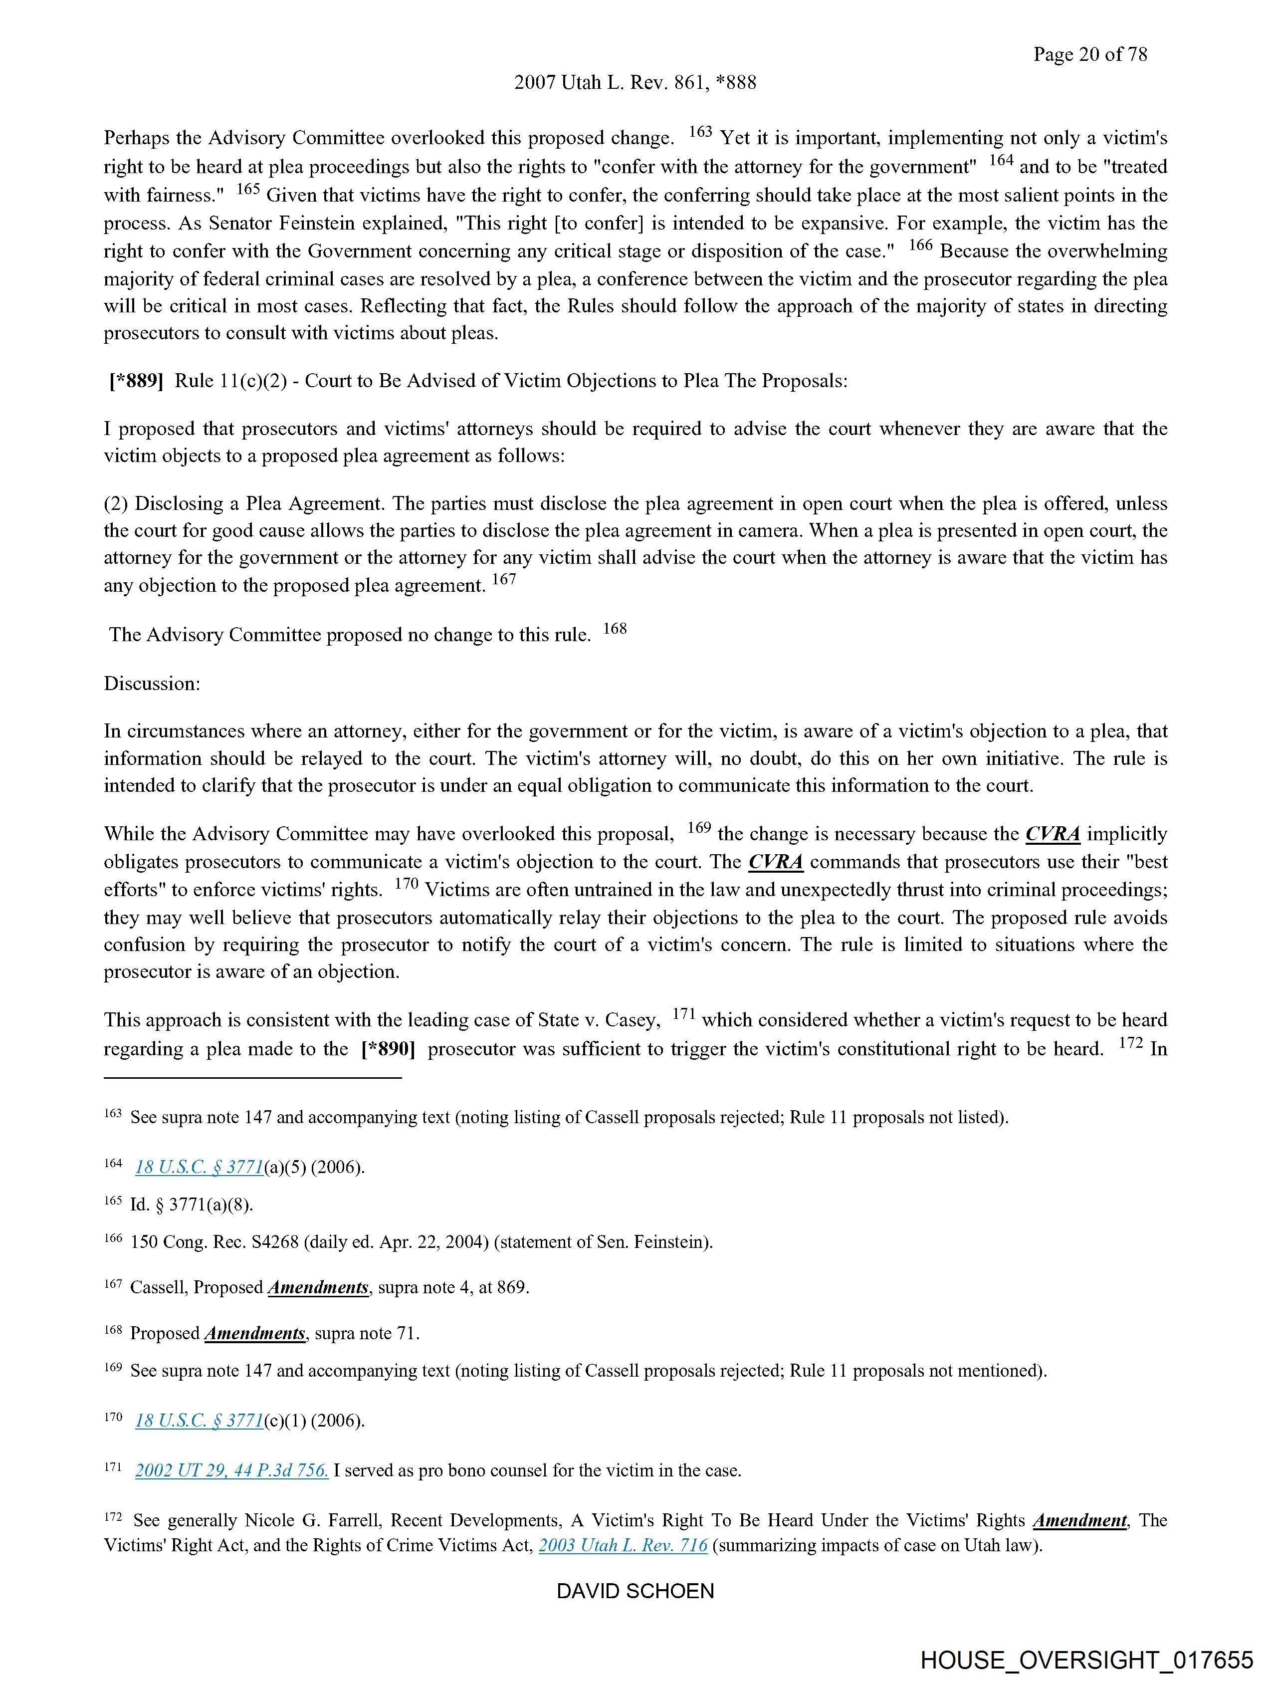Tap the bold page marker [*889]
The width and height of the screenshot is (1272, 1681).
(x=137, y=381)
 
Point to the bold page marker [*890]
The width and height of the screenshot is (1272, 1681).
(x=388, y=1049)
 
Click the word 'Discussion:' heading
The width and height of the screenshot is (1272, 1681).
(x=152, y=683)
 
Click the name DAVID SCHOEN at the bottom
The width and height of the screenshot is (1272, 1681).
(x=635, y=1591)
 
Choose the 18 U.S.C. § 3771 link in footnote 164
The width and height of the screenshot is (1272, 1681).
(x=199, y=1167)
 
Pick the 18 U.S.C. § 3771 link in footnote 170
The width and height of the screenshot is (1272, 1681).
(x=199, y=1421)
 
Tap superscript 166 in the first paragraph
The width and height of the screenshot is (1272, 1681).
(x=920, y=245)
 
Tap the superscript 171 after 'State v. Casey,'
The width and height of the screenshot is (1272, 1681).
(x=684, y=1014)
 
